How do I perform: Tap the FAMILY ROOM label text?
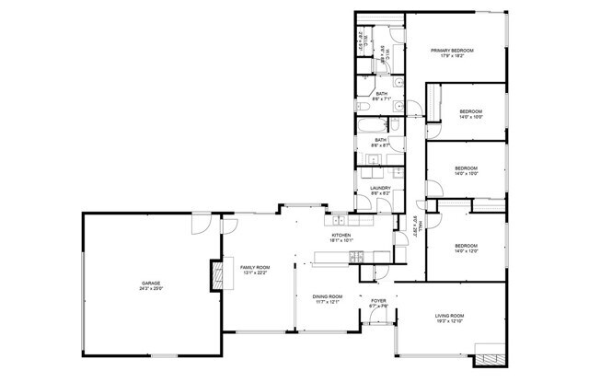point(255,267)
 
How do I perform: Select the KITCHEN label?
point(341,235)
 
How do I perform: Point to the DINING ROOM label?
point(328,296)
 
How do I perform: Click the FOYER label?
point(378,301)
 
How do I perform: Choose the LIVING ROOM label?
point(450,317)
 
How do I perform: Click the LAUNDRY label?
point(381,189)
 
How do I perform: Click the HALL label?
point(413,225)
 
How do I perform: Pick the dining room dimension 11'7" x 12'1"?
point(328,302)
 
